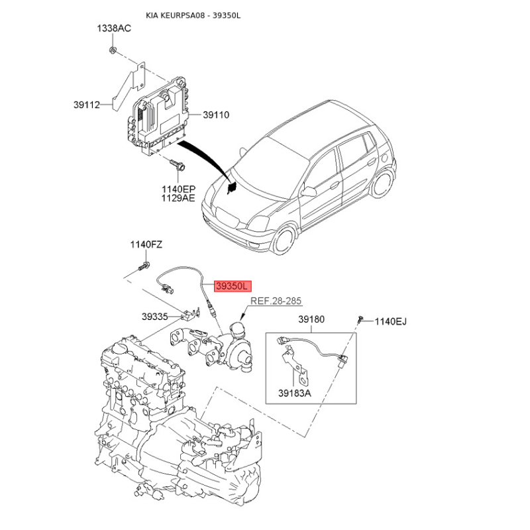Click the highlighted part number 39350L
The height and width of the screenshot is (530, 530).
233,286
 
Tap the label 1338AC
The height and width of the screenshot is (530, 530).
114,28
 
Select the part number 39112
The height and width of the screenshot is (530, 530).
87,105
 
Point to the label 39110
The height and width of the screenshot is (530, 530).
216,115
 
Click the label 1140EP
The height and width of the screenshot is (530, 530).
178,189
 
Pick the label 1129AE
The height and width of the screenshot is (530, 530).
178,198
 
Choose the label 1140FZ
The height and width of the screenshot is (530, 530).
146,244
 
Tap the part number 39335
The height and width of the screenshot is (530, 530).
155,317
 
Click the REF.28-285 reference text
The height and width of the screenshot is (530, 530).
276,301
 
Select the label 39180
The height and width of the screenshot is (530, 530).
311,319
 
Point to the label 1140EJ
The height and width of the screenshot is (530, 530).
390,321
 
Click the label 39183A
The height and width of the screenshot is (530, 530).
295,393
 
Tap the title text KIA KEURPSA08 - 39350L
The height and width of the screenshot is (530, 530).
193,15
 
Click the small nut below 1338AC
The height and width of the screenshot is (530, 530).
113,50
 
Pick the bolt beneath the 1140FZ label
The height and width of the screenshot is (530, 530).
144,266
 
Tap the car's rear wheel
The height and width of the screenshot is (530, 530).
383,183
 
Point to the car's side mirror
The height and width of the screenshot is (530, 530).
309,191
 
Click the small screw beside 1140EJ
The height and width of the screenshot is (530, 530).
360,319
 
